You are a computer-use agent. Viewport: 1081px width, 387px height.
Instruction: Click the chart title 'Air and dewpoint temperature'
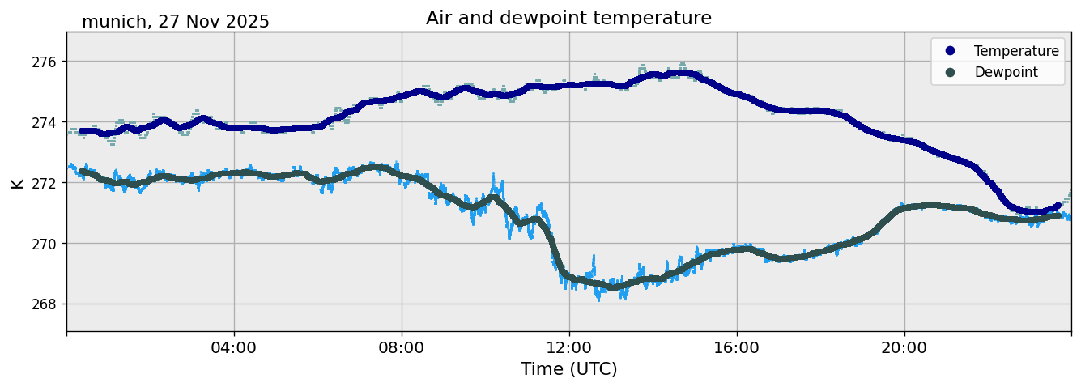pos(568,18)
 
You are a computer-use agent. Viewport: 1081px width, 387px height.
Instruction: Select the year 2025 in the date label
pos(248,22)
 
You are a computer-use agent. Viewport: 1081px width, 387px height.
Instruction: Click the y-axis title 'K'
pos(17,182)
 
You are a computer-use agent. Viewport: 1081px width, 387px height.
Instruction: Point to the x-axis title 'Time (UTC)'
pos(568,369)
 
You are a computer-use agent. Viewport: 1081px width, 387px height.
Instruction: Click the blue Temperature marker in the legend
pos(950,51)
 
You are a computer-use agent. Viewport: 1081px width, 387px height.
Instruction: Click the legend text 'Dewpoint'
pos(1006,72)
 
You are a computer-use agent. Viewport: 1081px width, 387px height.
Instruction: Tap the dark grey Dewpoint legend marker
pos(950,72)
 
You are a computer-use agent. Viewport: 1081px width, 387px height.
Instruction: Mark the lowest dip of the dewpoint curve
pos(614,287)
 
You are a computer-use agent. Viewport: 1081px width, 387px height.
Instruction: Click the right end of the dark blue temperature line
pos(1057,206)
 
